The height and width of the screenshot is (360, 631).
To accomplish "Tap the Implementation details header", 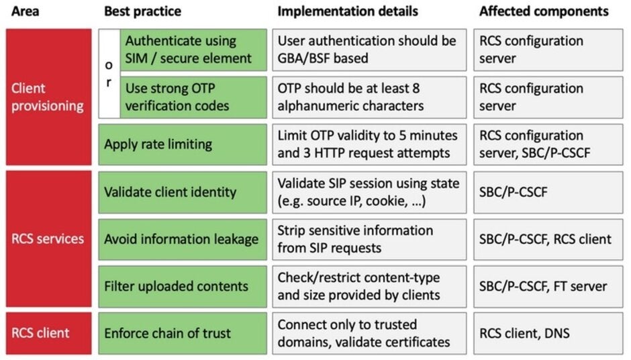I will coord(347,11).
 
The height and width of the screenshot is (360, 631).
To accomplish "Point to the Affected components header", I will coord(544,11).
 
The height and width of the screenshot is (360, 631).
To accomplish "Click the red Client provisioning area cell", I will coord(48,97).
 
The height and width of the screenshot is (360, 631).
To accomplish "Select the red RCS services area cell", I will coord(48,238).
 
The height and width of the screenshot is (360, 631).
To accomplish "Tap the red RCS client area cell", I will coord(48,332).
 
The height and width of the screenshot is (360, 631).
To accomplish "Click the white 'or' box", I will coord(109,73).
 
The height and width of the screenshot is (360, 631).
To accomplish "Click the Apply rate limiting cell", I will coord(182,144).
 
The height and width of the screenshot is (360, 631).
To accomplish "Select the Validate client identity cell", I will coord(182,191).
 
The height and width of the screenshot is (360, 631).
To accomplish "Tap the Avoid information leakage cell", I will coord(182,238).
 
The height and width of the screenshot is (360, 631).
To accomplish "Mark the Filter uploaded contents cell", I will coord(182,285).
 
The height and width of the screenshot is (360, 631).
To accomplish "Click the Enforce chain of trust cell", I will coord(182,332).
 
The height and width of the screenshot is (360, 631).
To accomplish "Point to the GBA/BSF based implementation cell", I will coord(369,50).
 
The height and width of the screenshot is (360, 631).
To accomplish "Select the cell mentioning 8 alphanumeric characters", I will coord(369,97).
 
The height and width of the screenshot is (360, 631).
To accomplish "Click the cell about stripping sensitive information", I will coord(369,238).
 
